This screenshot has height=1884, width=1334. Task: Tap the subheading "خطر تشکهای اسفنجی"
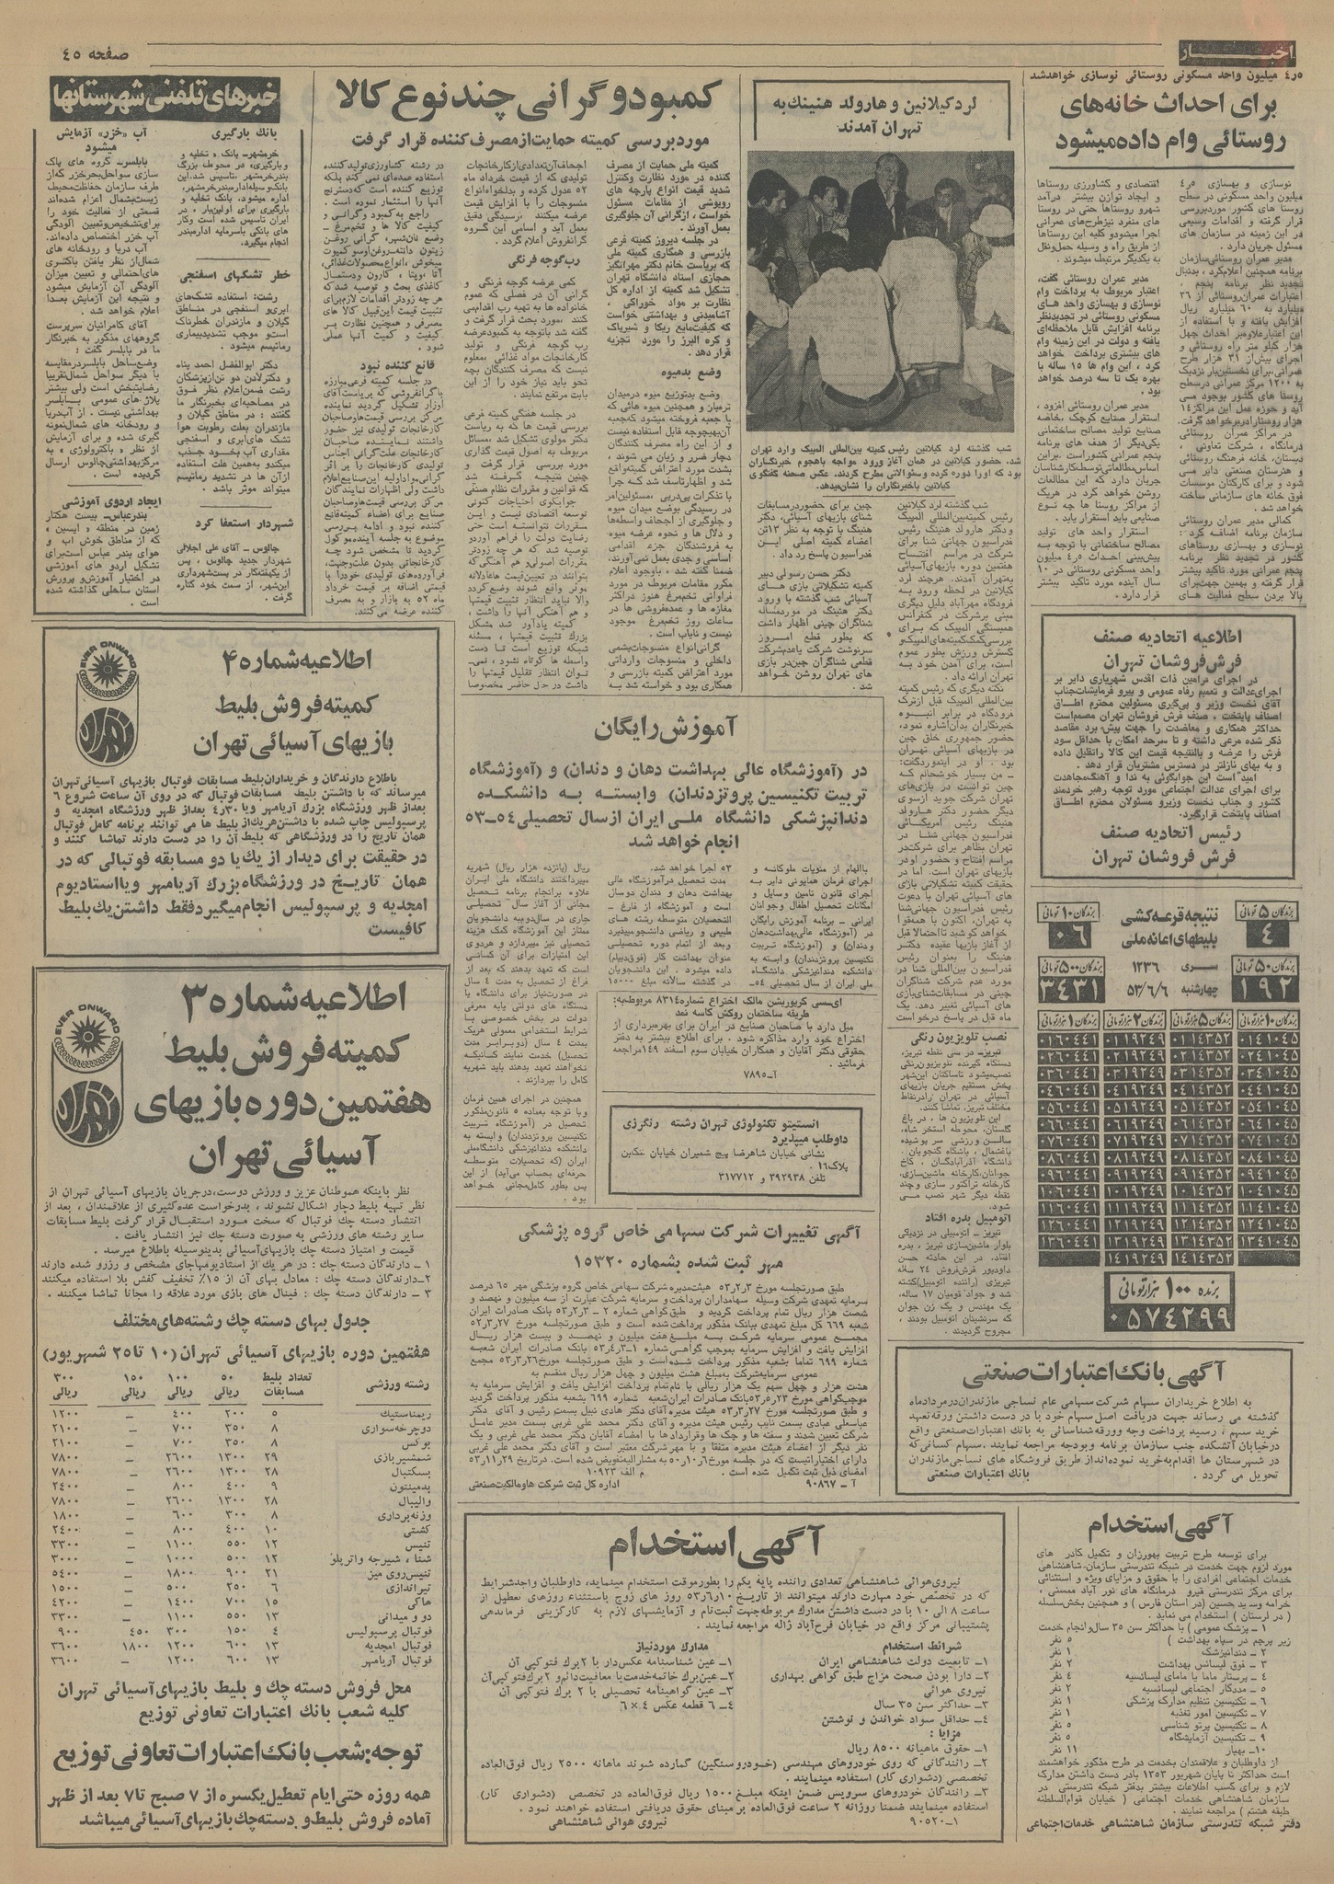point(234,273)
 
